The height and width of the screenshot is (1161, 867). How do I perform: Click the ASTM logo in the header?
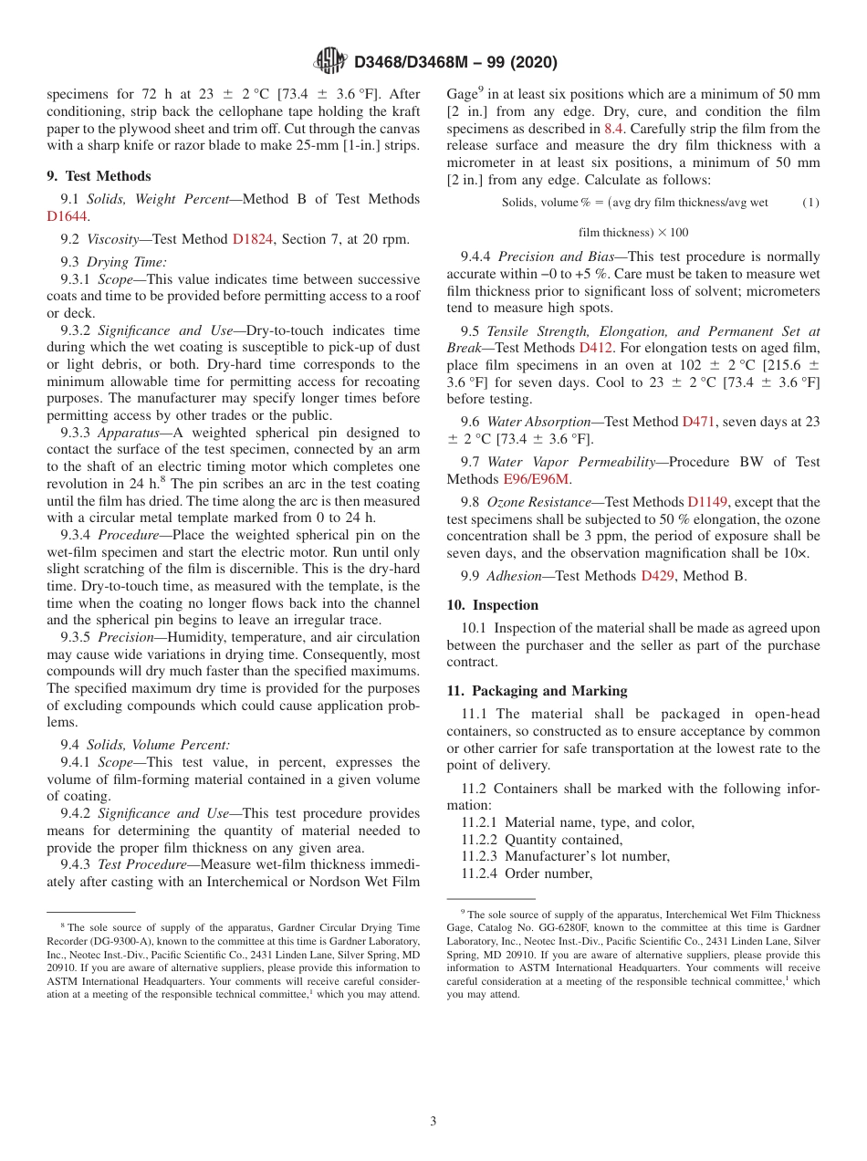tap(329, 61)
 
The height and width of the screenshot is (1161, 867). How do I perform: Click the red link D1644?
tap(67, 216)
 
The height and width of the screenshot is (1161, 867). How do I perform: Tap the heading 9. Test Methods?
tap(99, 176)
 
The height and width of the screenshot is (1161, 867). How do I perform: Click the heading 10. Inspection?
tap(492, 605)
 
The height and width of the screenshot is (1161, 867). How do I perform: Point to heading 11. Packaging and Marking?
tap(537, 691)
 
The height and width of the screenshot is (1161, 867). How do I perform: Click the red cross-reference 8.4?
tap(614, 129)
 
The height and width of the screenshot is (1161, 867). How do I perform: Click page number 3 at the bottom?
tap(433, 1121)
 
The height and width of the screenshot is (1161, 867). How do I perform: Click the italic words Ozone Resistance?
tap(538, 502)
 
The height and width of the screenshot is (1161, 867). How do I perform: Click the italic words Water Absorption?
tap(538, 422)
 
